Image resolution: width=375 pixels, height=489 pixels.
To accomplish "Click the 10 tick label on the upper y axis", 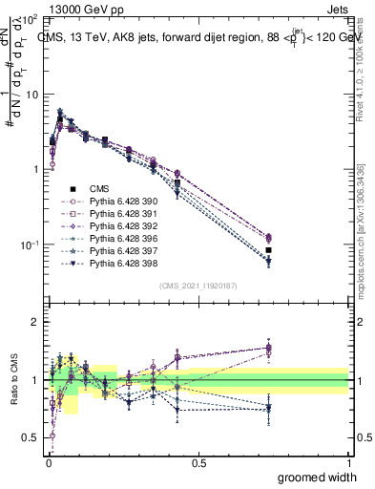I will [31, 95].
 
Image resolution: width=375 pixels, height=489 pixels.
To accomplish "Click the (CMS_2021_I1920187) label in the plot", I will [198, 286].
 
